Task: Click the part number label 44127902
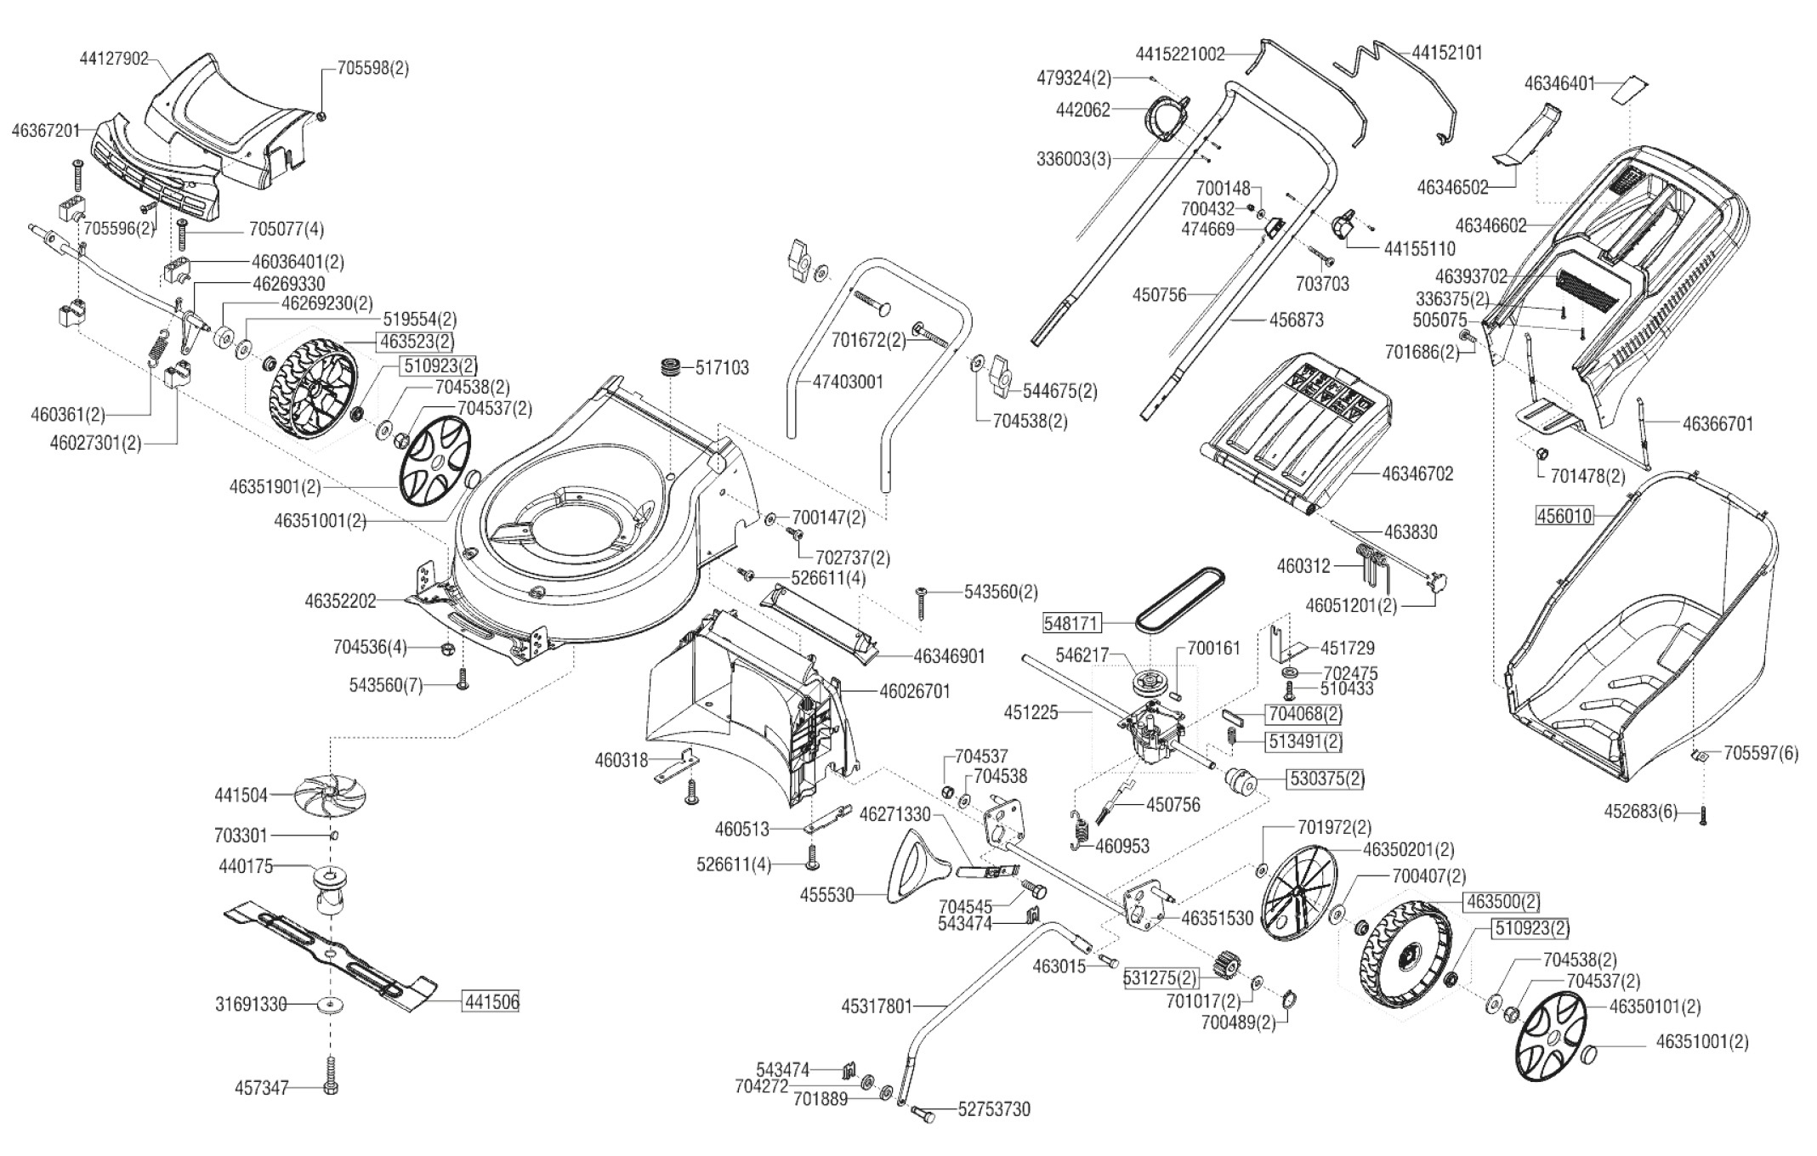coord(114,59)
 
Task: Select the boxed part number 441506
coord(491,1002)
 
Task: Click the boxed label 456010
coord(1564,515)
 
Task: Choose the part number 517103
coord(722,368)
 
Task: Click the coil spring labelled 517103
coord(673,370)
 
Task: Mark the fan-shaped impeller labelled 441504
coord(330,796)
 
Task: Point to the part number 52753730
coord(994,1109)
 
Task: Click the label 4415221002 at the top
coord(1180,54)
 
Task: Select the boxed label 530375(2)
coord(1327,779)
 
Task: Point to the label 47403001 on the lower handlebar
coord(848,382)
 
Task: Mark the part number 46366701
coord(1718,423)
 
